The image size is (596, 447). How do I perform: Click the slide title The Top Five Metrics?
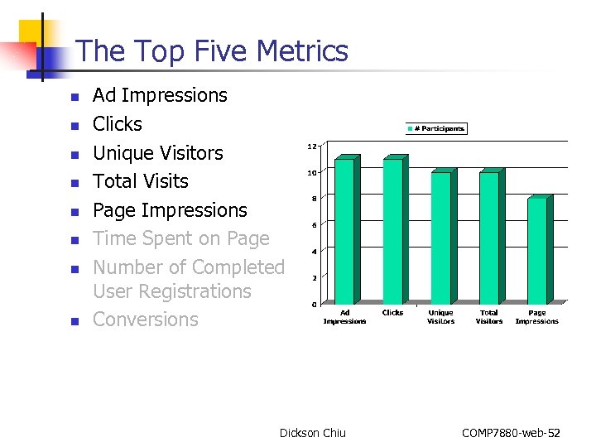coord(212,51)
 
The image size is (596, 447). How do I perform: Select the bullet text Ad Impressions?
coord(160,95)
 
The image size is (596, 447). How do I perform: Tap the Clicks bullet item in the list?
coord(118,124)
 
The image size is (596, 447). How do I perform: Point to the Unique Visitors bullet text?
coord(158,153)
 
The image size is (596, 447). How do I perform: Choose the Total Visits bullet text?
coord(141,181)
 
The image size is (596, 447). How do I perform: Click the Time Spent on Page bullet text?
coord(181,238)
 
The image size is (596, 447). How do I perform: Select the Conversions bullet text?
coord(146,320)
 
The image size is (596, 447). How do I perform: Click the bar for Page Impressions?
coord(536,250)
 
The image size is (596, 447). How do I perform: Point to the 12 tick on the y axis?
coord(312,147)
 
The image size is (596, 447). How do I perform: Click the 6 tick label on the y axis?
coord(314,225)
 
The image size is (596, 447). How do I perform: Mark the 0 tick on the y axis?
coord(314,305)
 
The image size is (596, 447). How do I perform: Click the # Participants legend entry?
coord(435,128)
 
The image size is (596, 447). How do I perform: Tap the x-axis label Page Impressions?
coord(536,317)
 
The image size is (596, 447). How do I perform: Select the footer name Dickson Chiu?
coord(313,433)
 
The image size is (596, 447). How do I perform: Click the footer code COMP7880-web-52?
coord(511,433)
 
